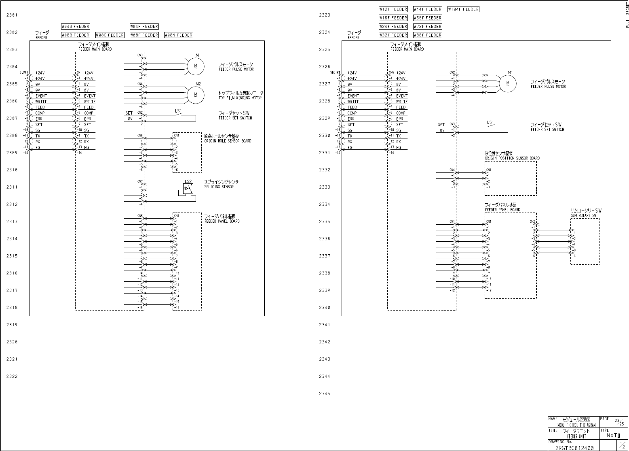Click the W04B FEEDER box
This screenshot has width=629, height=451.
pyautogui.click(x=76, y=26)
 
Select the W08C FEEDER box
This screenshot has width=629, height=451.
pyautogui.click(x=110, y=35)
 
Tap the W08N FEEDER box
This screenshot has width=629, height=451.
pyautogui.click(x=179, y=35)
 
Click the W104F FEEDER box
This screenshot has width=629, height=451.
pyautogui.click(x=463, y=9)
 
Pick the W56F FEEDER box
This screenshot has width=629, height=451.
pyautogui.click(x=428, y=18)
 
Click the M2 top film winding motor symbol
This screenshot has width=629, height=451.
pyautogui.click(x=196, y=95)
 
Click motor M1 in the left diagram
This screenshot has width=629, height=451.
pyautogui.click(x=196, y=66)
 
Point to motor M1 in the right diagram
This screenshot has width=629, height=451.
pyautogui.click(x=508, y=83)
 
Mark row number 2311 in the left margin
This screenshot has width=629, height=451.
pyautogui.click(x=12, y=187)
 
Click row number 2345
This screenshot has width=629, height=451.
pyautogui.click(x=324, y=394)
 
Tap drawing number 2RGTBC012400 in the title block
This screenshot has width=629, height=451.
pyautogui.click(x=574, y=448)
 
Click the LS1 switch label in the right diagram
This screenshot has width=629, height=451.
pyautogui.click(x=490, y=122)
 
